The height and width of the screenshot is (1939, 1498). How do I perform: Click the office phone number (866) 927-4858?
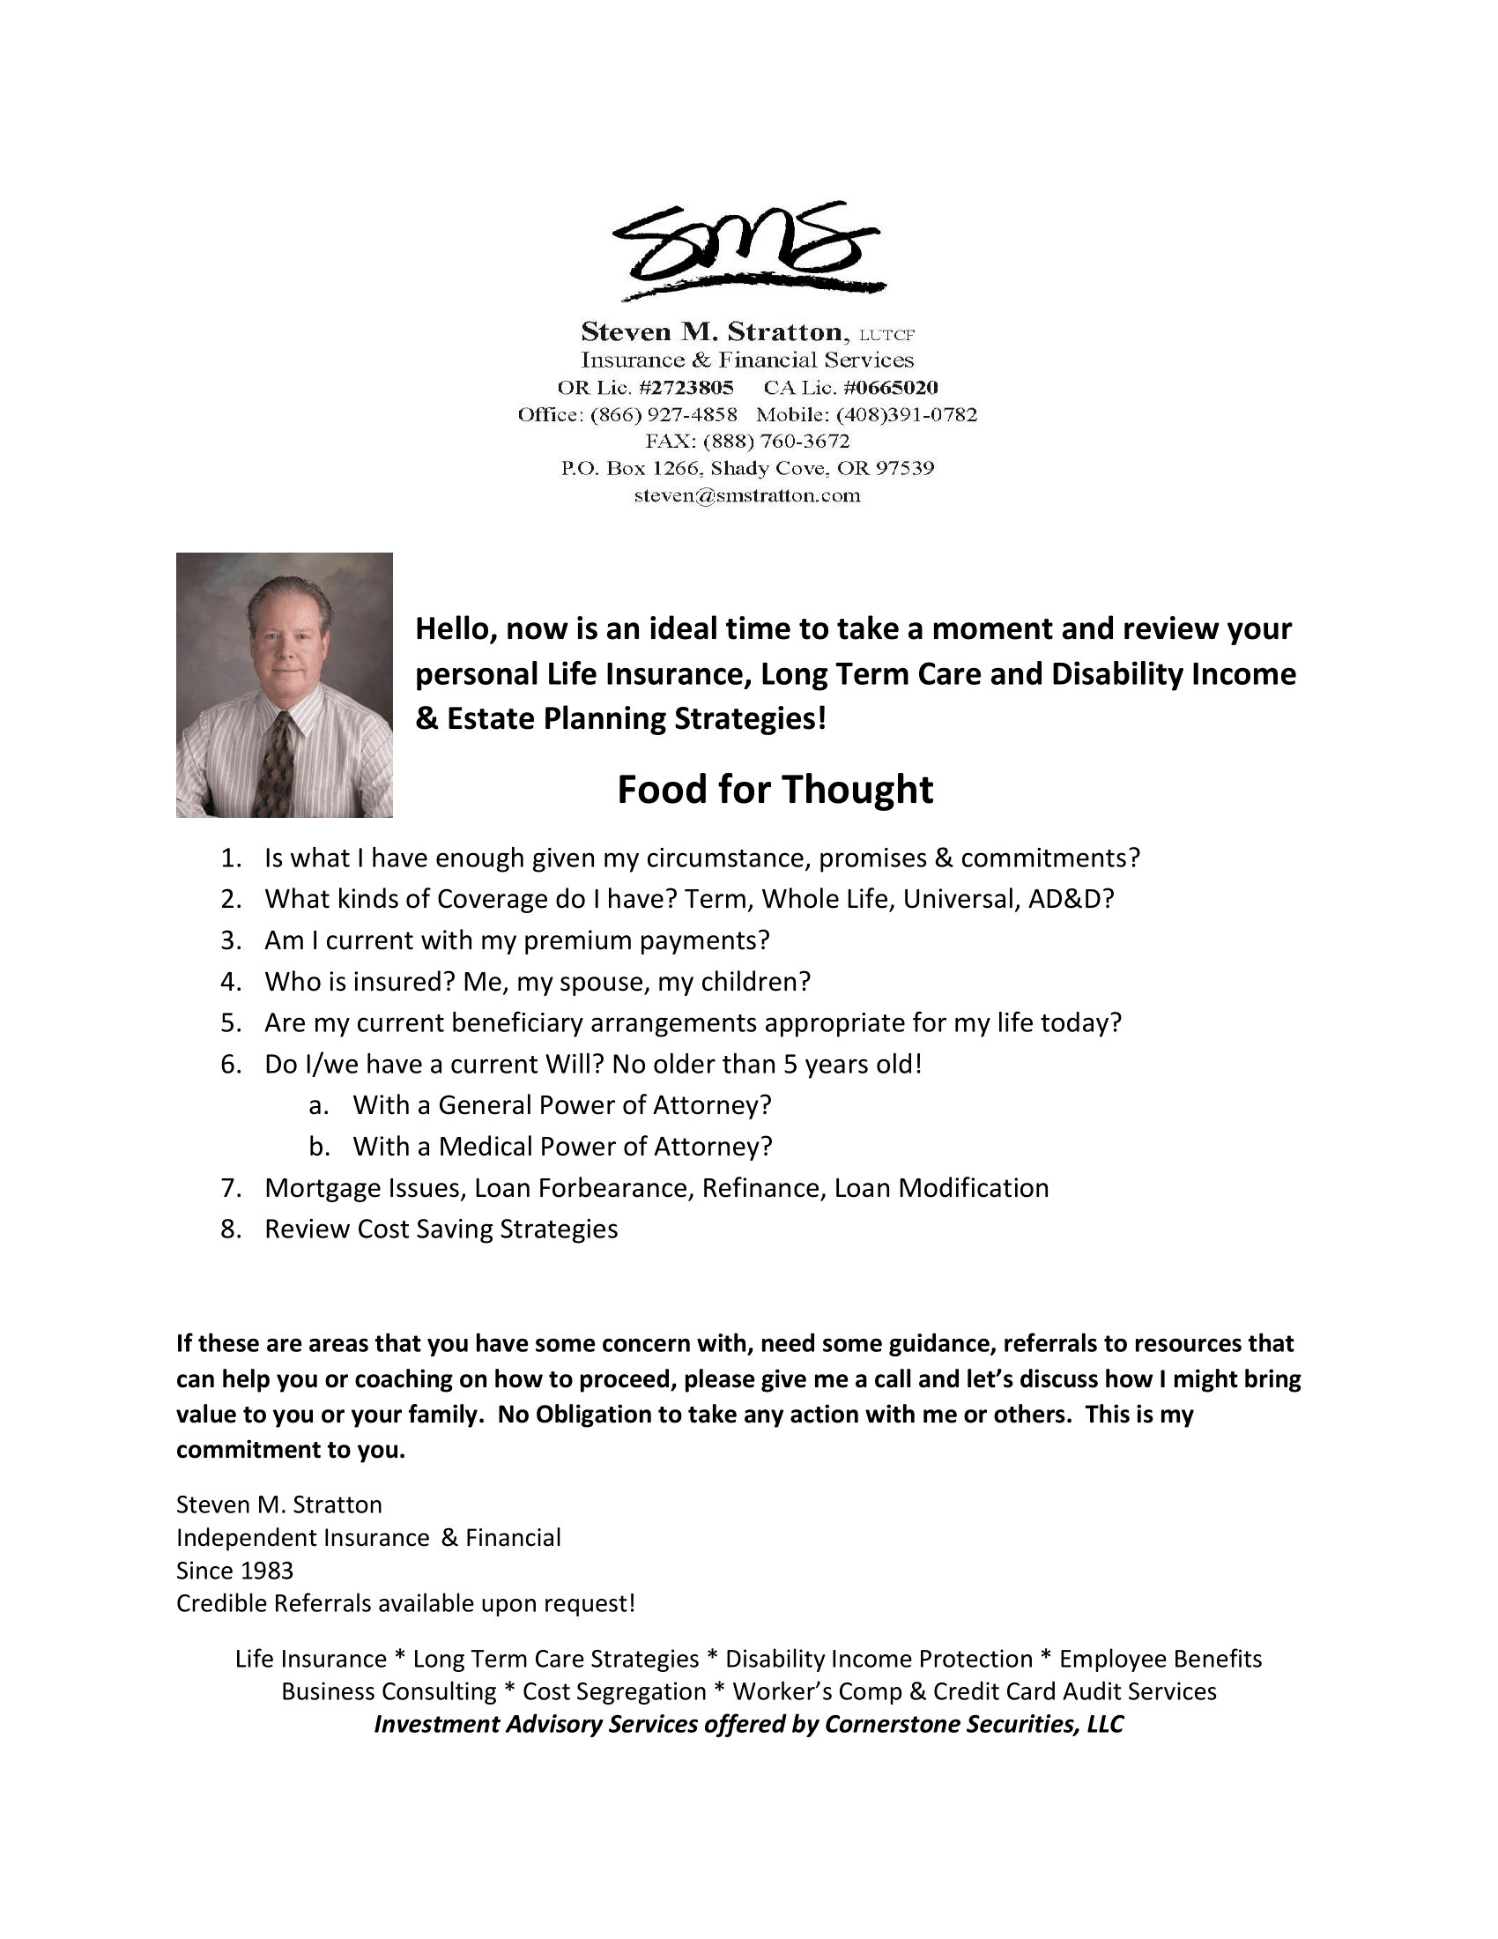tap(664, 414)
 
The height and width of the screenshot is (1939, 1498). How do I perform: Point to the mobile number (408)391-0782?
tap(906, 414)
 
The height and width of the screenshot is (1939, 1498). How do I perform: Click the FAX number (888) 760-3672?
tap(776, 442)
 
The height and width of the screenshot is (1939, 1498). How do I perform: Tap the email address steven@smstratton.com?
tap(747, 495)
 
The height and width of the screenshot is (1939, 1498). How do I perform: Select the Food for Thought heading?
tap(775, 790)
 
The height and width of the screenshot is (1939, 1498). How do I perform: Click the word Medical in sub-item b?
tap(485, 1146)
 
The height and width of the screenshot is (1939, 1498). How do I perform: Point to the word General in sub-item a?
tap(485, 1105)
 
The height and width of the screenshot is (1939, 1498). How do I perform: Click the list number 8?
tap(231, 1229)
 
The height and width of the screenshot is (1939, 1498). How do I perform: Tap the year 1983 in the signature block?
tap(263, 1571)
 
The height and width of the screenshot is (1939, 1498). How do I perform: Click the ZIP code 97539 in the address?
tap(905, 468)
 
